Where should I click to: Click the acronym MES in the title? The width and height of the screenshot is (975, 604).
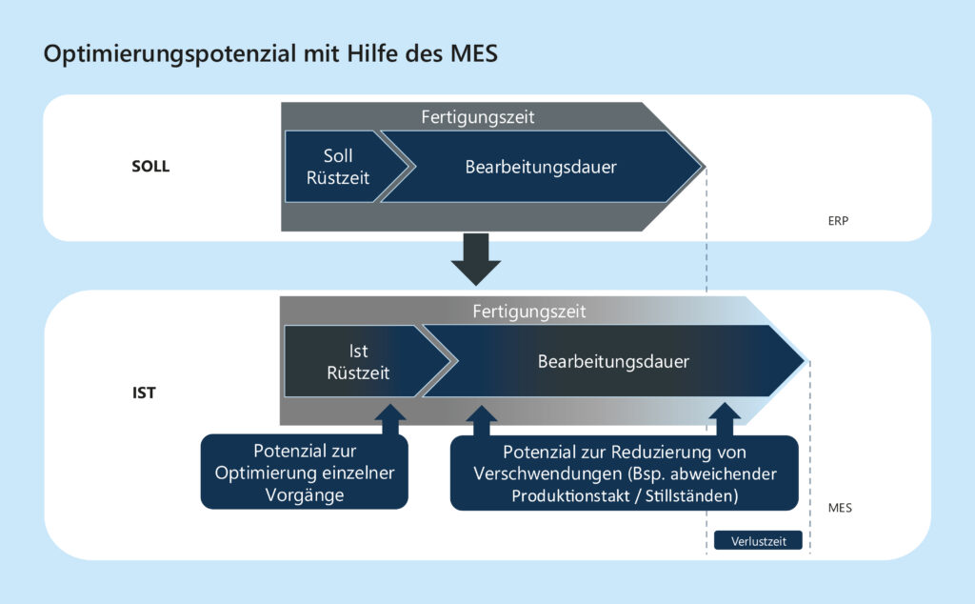[x=472, y=54]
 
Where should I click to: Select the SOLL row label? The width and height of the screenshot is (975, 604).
[x=149, y=167]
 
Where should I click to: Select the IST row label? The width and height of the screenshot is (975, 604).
[x=143, y=390]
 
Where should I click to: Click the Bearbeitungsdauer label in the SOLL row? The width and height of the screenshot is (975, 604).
[x=540, y=167]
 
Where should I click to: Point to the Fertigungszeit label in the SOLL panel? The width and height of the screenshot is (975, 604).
[x=477, y=117]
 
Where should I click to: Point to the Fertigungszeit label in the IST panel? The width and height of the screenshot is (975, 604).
[x=529, y=311]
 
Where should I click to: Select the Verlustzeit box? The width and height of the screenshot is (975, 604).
[x=758, y=540]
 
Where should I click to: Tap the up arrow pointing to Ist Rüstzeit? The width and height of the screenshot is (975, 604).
[x=390, y=418]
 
